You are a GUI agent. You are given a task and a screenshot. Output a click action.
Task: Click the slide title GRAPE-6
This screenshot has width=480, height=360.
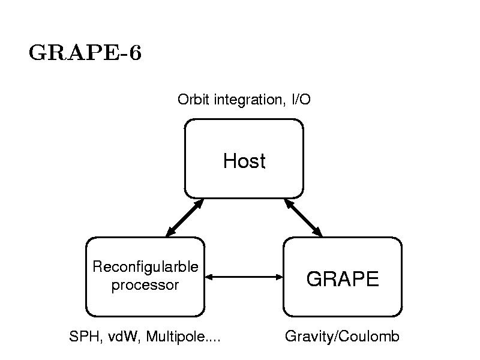pos(85,53)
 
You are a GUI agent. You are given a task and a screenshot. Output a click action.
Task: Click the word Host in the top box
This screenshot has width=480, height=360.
pos(244,161)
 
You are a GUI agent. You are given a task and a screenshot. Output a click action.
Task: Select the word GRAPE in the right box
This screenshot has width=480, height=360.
pos(343,279)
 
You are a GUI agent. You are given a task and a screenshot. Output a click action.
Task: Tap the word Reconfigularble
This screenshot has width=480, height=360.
pos(145,266)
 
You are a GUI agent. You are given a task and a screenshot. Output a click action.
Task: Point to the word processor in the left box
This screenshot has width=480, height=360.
pos(145,285)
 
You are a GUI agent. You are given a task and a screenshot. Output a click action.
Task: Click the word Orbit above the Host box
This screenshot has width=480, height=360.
pos(191,100)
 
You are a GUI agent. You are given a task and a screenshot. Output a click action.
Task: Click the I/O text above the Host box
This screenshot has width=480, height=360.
pos(301,100)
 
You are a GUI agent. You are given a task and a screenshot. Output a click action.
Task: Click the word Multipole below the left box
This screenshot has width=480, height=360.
pos(175,337)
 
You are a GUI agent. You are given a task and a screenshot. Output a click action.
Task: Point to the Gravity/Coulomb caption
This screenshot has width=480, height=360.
pos(342,337)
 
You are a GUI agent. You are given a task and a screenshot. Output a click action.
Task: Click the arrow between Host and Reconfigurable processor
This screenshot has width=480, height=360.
pos(185,217)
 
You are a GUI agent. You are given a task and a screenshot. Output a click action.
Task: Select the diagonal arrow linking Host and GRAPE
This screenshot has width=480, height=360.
pos(303,217)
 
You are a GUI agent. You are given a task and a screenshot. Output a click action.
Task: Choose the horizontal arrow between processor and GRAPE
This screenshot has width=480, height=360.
pos(244,277)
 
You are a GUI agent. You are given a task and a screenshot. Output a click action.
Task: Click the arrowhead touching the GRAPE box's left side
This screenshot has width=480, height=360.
pos(278,277)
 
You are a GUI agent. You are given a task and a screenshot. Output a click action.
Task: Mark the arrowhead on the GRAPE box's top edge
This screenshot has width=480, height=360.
pos(318,232)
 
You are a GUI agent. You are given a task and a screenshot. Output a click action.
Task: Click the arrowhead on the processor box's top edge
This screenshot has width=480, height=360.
pos(170,232)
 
